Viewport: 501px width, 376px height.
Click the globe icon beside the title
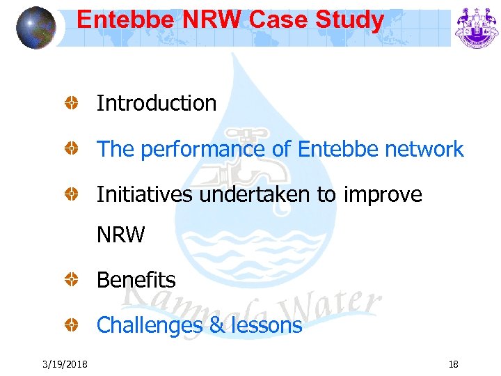pos(36,28)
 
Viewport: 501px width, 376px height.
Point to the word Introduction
pos(157,104)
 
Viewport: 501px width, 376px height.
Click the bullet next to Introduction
pos(71,104)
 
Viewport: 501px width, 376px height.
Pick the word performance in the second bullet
pos(212,149)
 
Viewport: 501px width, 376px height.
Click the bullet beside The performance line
pos(71,149)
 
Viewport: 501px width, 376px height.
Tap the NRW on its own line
pos(120,235)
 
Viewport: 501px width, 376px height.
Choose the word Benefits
pos(136,280)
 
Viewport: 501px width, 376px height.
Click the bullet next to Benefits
pos(71,280)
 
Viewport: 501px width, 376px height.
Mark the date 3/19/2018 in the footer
pos(65,363)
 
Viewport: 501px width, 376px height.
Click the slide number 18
pos(453,363)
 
